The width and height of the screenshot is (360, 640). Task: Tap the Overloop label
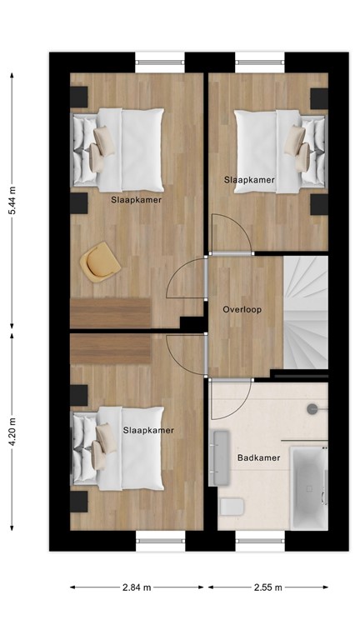coord(242,309)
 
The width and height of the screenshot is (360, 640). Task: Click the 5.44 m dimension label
coord(12,201)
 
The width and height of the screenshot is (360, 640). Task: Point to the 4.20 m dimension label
coord(12,432)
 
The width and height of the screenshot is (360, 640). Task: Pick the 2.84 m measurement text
coord(137,587)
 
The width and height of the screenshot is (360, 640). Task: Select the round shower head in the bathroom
coord(312,408)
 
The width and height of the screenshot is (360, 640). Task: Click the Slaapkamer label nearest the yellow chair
coord(136,200)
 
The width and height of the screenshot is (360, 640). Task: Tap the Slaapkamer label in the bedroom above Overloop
coord(249,179)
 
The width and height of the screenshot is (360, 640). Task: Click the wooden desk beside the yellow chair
coord(111,313)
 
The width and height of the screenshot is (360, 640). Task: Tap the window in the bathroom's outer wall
coord(260,540)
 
